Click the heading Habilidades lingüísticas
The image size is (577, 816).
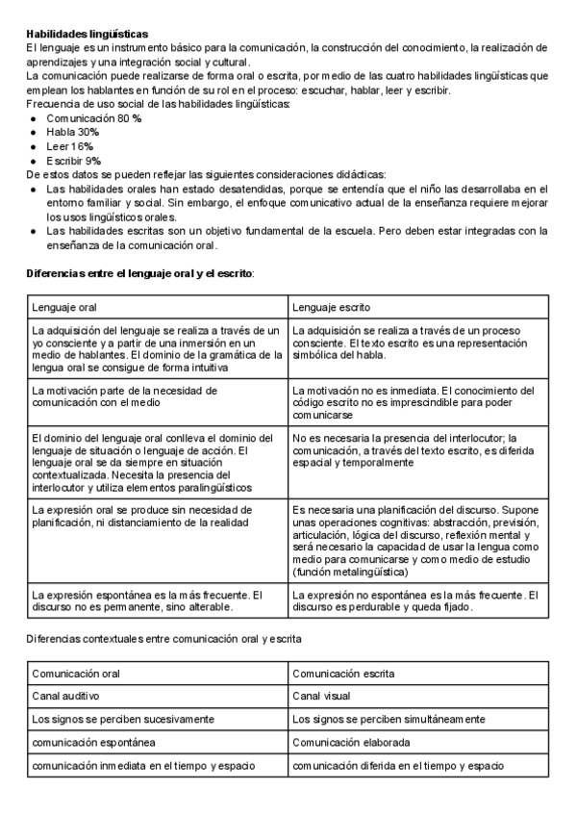(88, 34)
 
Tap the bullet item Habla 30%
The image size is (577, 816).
(71, 131)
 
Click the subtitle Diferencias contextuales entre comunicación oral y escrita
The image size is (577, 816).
(163, 638)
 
